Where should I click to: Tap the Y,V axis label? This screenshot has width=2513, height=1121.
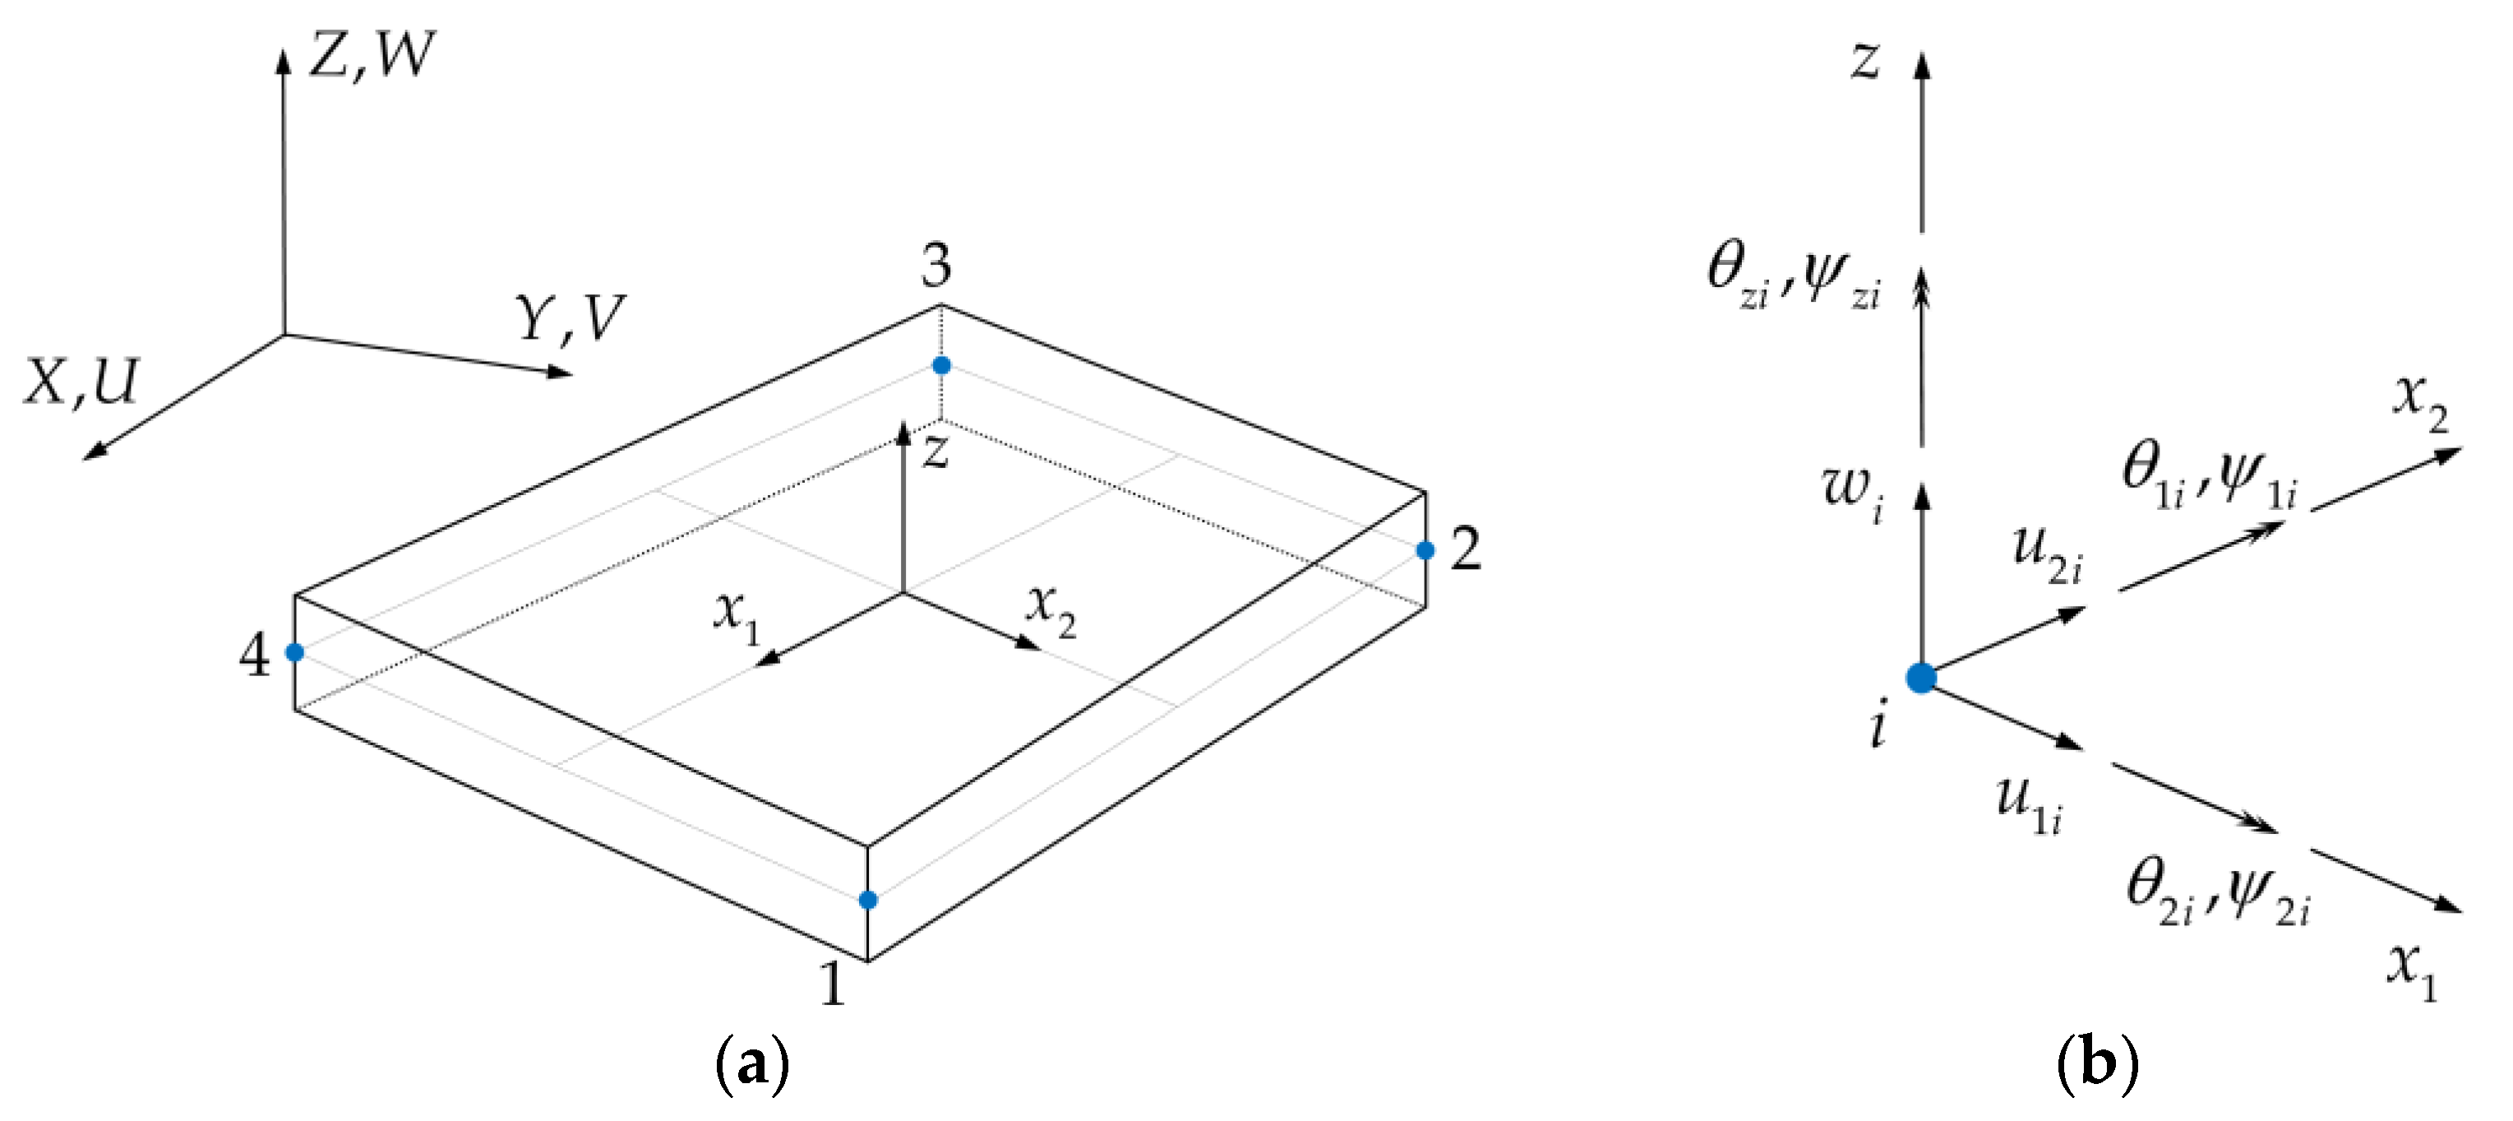pos(571,318)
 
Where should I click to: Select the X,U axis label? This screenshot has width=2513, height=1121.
pos(83,382)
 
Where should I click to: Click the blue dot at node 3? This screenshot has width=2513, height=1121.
pos(941,366)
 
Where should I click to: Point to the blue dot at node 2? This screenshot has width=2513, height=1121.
pos(1425,551)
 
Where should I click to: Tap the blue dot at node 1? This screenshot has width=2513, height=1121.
pos(868,900)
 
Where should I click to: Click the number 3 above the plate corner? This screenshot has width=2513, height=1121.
pos(936,266)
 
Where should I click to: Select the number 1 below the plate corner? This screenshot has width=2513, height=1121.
pos(832,983)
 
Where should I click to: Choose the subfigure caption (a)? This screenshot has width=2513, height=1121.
pos(752,1065)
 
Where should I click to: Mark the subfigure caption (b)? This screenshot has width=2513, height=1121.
pos(2097,1065)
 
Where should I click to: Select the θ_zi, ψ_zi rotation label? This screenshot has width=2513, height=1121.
pos(1793,276)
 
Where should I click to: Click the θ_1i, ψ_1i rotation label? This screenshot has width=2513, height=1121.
pos(2209,476)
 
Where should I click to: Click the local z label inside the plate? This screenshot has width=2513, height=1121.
pos(935,452)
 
